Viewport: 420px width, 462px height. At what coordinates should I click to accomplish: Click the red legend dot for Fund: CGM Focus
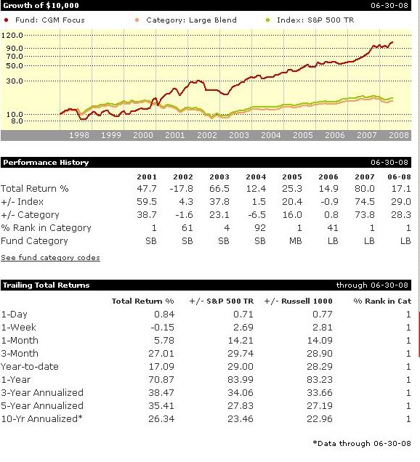[7, 20]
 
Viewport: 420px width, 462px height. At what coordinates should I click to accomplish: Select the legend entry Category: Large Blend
[191, 20]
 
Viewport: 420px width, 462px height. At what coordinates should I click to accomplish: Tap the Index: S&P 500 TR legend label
[315, 20]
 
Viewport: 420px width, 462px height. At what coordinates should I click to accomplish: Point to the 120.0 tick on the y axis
[12, 36]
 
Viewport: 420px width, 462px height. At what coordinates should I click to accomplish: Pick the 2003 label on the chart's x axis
[239, 135]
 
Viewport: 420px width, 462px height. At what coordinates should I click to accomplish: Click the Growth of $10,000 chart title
[41, 5]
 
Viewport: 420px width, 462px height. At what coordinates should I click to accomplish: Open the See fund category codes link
[50, 258]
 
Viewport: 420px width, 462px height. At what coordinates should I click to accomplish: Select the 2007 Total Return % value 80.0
[365, 189]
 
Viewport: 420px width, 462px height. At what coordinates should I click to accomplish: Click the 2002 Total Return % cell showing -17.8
[181, 189]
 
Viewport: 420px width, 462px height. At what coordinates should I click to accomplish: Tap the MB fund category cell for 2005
[295, 241]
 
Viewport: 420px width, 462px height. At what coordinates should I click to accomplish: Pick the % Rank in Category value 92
[260, 228]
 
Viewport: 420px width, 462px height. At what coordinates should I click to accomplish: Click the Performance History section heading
[46, 162]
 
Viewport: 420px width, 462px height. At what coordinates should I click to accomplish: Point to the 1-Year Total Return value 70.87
[161, 379]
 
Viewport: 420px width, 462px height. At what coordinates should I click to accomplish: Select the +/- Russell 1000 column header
[298, 301]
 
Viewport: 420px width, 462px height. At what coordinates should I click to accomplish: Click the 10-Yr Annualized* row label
[41, 418]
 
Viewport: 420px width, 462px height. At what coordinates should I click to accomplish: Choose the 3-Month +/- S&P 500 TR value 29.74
[241, 353]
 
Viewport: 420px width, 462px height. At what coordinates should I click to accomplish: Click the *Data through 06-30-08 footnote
[362, 443]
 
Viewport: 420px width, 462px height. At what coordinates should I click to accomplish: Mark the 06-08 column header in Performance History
[399, 177]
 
